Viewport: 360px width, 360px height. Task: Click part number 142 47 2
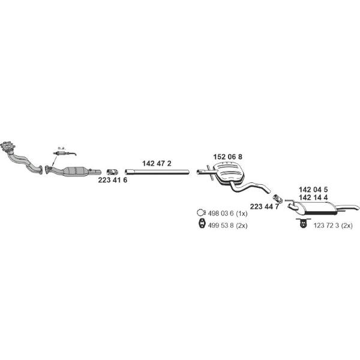click(157, 163)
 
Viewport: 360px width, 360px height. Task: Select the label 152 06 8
click(227, 157)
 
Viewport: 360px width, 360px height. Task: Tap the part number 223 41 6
click(113, 180)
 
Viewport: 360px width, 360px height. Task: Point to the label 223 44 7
click(265, 206)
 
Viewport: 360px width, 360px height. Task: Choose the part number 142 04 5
click(313, 190)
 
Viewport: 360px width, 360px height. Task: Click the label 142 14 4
click(313, 197)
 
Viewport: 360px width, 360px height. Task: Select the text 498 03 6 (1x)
click(227, 214)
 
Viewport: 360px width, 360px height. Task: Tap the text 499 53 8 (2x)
click(227, 226)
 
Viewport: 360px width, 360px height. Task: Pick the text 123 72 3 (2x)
click(333, 226)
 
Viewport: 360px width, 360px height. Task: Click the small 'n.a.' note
click(62, 148)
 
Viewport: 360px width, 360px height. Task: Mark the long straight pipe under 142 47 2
click(157, 172)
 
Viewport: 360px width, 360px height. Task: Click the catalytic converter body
click(76, 171)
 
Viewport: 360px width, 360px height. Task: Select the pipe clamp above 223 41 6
click(112, 172)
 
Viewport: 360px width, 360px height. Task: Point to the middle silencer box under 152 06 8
click(229, 173)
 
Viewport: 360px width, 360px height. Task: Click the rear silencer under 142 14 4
click(315, 208)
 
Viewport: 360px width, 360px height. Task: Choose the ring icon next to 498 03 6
click(200, 213)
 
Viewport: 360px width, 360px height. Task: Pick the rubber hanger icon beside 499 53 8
click(202, 224)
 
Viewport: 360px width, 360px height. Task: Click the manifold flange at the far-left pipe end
click(8, 146)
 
